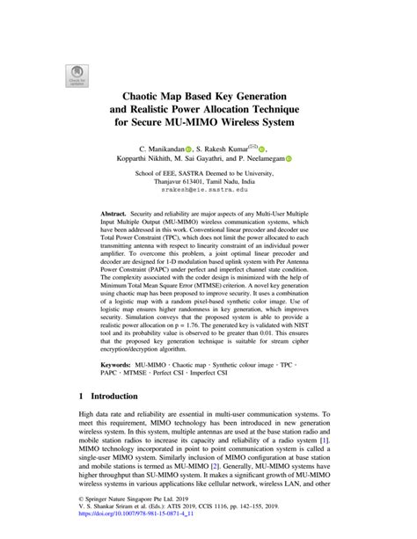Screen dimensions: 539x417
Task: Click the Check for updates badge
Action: (x=77, y=76)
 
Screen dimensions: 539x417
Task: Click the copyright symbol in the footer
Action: (x=82, y=506)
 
